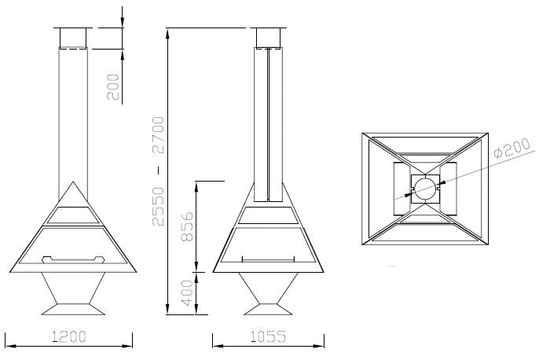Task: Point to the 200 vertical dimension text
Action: (115, 87)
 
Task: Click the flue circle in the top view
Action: (424, 187)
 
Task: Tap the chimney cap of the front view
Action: (73, 38)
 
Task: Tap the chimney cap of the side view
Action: (269, 38)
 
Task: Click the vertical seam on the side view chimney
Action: (269, 118)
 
